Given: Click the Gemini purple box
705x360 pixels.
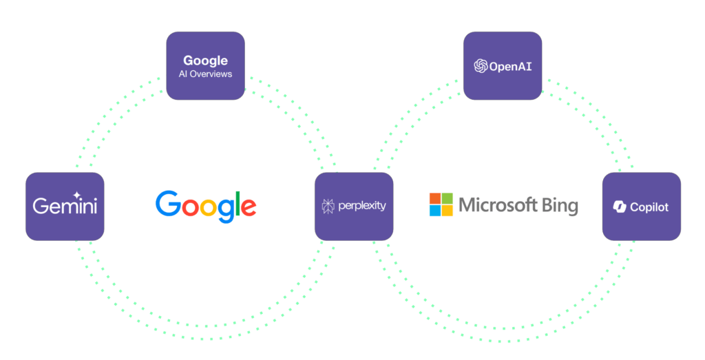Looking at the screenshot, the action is [65, 207].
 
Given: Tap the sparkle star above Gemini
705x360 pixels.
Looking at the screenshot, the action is [77, 195].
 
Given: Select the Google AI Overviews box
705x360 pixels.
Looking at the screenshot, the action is [205, 65].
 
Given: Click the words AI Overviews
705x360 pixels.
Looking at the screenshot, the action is [205, 74].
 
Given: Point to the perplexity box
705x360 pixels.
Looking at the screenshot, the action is [354, 207].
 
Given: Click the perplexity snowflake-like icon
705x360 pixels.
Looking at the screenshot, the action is [328, 207].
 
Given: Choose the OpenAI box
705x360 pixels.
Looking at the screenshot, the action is [503, 65].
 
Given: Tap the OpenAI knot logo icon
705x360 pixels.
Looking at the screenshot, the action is [481, 66].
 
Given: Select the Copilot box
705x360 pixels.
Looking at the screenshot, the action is [642, 207].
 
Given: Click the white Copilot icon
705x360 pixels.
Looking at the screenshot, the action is [620, 207].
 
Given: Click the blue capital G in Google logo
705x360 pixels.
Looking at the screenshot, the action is [168, 204].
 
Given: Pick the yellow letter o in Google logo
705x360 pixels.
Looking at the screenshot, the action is [207, 208].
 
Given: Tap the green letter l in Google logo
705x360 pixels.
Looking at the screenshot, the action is [238, 204].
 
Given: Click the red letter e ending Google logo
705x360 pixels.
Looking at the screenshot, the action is [249, 208].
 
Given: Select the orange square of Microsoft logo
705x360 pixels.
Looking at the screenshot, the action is [435, 199].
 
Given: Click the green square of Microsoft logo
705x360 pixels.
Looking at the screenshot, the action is [448, 199].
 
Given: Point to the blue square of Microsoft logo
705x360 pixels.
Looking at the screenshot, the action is [435, 211].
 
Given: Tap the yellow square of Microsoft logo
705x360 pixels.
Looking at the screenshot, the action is [448, 211].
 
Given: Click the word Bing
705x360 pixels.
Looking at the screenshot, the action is [560, 207].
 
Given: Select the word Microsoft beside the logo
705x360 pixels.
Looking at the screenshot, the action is [498, 205].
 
